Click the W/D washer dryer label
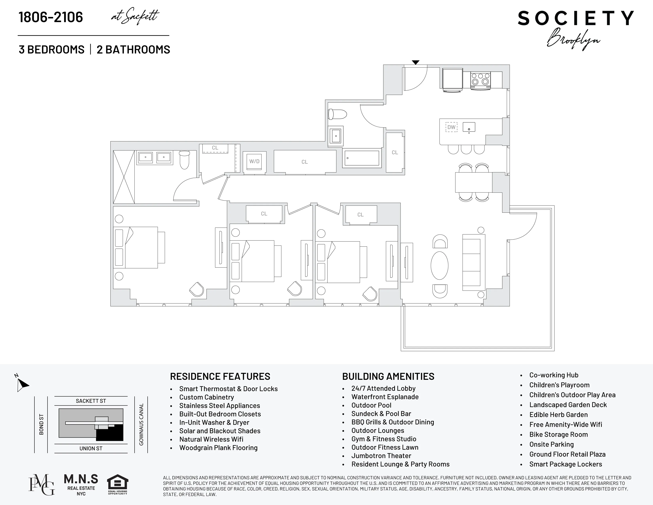tap(254, 162)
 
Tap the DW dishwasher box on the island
tap(451, 127)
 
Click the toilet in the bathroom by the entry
tap(337, 114)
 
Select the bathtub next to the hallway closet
tap(362, 158)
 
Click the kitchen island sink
tap(469, 127)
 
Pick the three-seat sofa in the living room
tap(474, 262)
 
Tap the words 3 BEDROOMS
tap(51, 49)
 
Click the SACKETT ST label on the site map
tap(91, 401)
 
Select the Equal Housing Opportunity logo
tap(118, 484)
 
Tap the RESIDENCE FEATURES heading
tap(220, 376)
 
